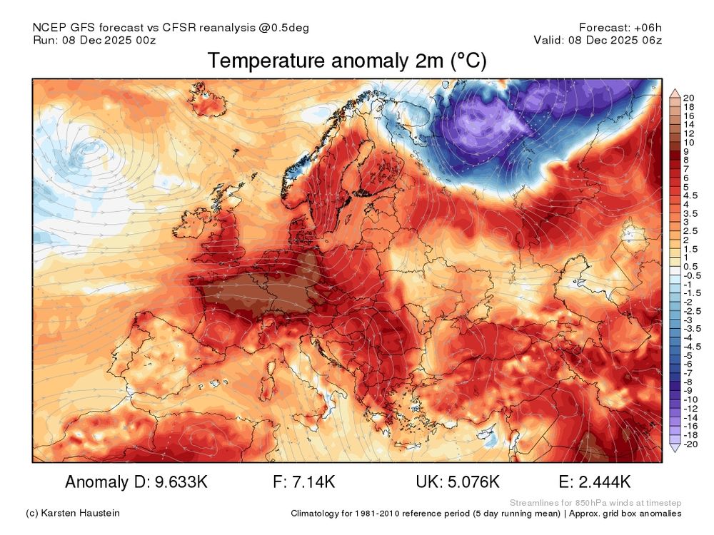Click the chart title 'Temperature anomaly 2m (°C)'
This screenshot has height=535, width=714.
tap(347, 62)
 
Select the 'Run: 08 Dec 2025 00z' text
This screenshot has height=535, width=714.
tap(94, 40)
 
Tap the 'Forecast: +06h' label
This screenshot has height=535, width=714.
tap(620, 28)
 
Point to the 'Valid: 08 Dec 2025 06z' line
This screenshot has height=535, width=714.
tap(598, 40)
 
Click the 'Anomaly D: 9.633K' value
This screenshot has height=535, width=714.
tap(136, 482)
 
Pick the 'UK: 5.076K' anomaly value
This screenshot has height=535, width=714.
tap(457, 482)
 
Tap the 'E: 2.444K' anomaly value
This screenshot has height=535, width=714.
tap(596, 482)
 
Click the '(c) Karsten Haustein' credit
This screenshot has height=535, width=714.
tap(72, 514)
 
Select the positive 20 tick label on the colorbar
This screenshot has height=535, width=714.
tap(689, 98)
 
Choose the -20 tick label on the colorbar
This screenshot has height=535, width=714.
tap(691, 444)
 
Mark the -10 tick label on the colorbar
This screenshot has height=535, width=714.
tap(691, 399)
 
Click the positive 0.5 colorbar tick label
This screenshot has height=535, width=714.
tap(691, 266)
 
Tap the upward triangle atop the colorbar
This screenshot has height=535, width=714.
tap(674, 93)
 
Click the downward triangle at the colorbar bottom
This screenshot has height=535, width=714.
tap(674, 447)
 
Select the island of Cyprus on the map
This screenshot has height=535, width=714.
tap(490, 432)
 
